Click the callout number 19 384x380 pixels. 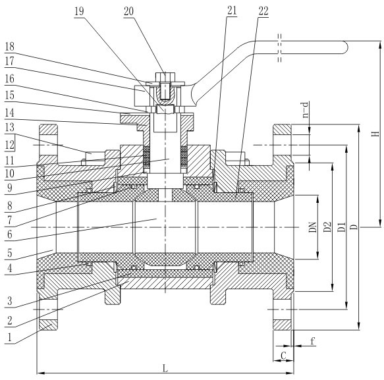[79, 11]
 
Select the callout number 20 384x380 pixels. [128, 11]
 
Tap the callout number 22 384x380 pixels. [263, 11]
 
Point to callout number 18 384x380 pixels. [10, 47]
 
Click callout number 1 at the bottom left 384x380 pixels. [10, 338]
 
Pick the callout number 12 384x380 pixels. [10, 145]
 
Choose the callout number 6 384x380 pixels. [10, 234]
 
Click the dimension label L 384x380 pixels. [165, 367]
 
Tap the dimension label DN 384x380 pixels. [312, 227]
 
